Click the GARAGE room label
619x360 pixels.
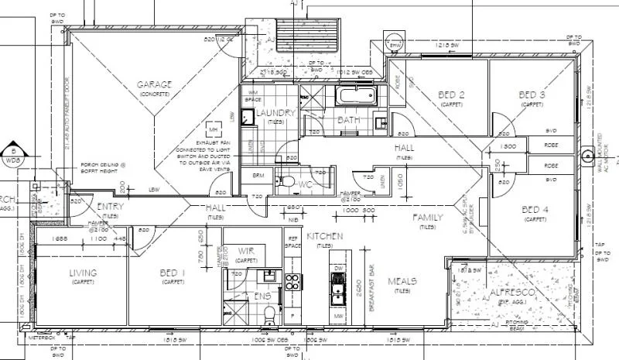click(x=154, y=84)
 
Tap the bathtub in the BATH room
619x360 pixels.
click(x=355, y=98)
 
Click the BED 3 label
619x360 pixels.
click(x=532, y=95)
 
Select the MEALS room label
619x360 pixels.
click(x=402, y=281)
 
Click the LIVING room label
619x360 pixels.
click(x=83, y=273)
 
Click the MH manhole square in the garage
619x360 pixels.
click(x=214, y=130)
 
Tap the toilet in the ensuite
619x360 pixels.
click(x=267, y=313)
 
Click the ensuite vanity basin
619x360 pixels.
click(x=270, y=275)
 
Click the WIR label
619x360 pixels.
click(x=246, y=252)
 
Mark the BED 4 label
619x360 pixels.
click(x=535, y=210)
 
